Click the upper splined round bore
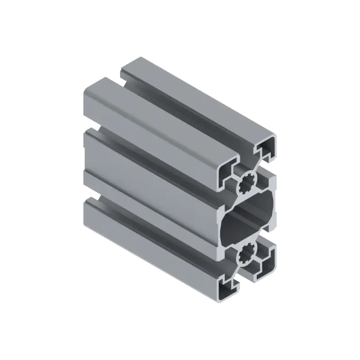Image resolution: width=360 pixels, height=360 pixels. coord(247,183)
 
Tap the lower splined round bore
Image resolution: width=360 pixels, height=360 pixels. coord(247,255)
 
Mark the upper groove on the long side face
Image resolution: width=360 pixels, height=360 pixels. coord(148,148)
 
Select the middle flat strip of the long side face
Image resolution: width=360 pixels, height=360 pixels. coord(148,180)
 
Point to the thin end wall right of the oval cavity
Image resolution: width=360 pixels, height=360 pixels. coord(274,219)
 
